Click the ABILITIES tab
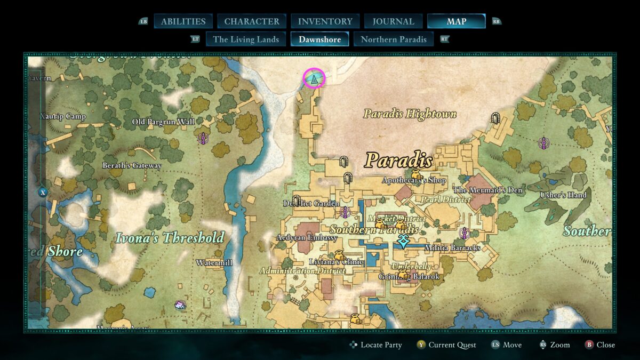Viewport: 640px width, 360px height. tap(183, 21)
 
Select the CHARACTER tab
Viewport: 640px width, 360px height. tap(252, 21)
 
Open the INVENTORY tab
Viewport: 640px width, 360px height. tap(325, 21)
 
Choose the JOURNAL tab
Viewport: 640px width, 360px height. tap(393, 21)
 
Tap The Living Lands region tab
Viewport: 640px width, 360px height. tap(246, 39)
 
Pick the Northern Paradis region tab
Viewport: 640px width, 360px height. tap(394, 39)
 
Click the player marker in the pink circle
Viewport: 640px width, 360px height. tap(314, 79)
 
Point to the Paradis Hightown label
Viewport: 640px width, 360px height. tap(410, 114)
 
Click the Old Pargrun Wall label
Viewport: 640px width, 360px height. tap(163, 122)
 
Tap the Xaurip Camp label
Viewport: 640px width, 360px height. tap(63, 116)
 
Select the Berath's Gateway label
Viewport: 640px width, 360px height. tap(132, 165)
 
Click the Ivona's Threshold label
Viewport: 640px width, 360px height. tap(170, 237)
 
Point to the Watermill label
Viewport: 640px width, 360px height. tap(214, 262)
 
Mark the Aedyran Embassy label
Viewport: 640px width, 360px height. tap(307, 237)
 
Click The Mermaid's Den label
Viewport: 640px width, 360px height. tap(487, 190)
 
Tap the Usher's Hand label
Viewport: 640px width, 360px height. tap(563, 195)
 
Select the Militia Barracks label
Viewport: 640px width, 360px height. tap(452, 247)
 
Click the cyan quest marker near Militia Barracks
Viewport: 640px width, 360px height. tap(403, 242)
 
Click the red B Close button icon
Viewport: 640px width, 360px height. tap(589, 345)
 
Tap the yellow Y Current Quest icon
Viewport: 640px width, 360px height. tap(421, 345)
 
